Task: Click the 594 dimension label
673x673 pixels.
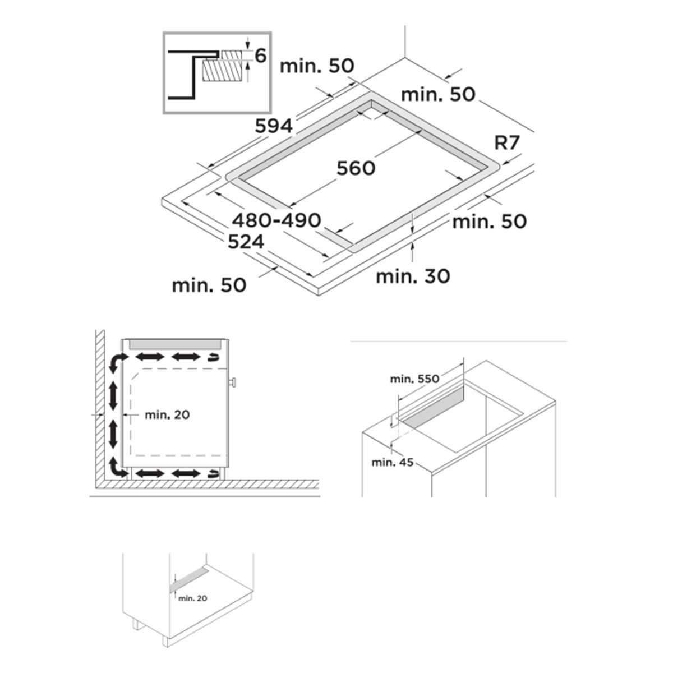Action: (274, 126)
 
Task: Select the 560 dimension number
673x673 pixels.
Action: (356, 168)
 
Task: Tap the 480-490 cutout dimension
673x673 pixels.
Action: (276, 220)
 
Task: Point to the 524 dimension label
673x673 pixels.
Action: (246, 242)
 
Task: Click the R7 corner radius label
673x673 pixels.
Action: (507, 142)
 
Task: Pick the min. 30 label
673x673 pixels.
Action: (413, 276)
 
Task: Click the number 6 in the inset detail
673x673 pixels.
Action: (261, 56)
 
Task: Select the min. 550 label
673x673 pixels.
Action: (414, 379)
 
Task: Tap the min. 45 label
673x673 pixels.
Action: (392, 462)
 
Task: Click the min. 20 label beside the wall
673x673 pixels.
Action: (167, 414)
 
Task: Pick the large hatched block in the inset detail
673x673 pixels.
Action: (222, 70)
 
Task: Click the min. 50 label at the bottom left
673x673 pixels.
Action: (209, 285)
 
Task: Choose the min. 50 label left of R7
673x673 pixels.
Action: (438, 95)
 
